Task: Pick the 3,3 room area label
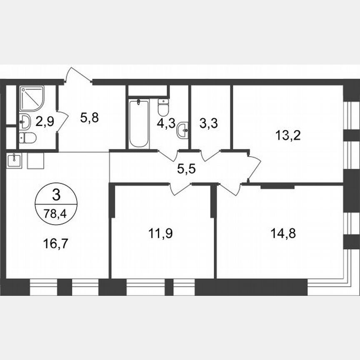(x=210, y=124)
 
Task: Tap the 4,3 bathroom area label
(x=166, y=124)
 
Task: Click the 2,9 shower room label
(x=45, y=122)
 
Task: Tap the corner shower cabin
(x=31, y=98)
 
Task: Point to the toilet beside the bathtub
(x=163, y=108)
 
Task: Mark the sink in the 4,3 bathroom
(x=182, y=131)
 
